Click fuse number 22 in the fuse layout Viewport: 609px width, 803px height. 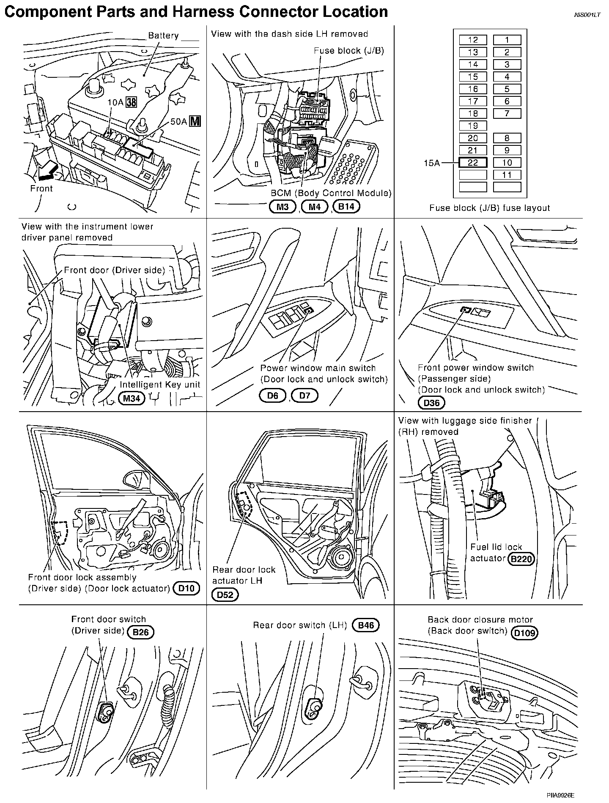473,163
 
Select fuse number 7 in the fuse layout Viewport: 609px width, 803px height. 507,113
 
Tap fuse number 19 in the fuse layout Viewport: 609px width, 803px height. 473,126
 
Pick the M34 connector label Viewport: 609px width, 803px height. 132,398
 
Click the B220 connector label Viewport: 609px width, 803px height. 521,559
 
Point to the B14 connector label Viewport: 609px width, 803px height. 346,207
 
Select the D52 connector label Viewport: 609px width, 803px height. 225,595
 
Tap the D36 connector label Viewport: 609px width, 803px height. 431,402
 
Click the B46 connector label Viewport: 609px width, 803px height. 366,625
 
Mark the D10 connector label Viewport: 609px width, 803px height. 186,588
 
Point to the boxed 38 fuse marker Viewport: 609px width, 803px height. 132,102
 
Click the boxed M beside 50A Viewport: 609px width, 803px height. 195,121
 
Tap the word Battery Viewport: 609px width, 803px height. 163,36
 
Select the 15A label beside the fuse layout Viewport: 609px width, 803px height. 432,163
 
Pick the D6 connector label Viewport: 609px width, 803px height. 273,396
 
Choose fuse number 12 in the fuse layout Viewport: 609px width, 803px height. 473,40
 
